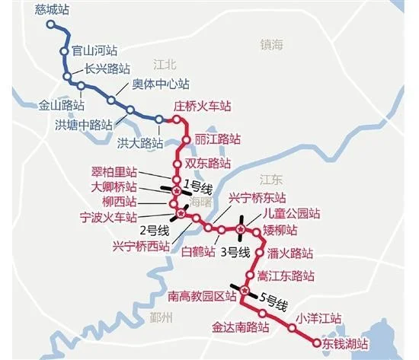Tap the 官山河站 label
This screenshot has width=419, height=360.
click(x=94, y=51)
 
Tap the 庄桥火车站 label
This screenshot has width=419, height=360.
click(x=203, y=107)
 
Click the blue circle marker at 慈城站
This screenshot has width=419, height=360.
click(x=51, y=24)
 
